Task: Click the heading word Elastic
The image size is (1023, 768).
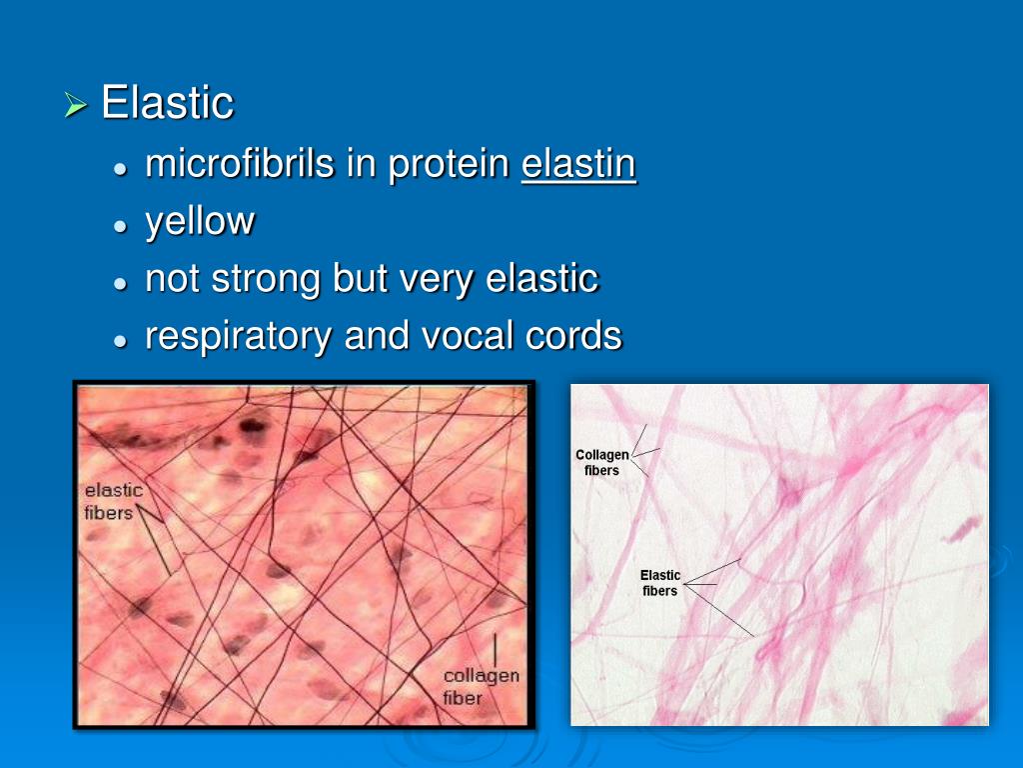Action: pos(167,103)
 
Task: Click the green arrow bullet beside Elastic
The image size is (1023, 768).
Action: pos(76,104)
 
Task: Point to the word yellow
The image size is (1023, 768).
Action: pos(200,222)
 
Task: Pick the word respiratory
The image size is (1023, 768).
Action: pos(239,337)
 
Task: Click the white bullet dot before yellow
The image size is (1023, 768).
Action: pos(120,227)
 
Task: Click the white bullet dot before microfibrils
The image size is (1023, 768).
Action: pos(120,168)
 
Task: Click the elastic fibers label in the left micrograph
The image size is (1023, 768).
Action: pos(113,502)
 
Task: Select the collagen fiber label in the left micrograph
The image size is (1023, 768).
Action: pos(481,687)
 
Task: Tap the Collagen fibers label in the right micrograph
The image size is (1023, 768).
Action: pos(602,462)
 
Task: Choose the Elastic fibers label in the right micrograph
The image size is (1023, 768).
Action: pos(660,583)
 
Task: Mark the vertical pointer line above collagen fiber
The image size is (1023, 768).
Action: pos(495,650)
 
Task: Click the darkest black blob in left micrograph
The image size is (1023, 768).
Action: pos(253,426)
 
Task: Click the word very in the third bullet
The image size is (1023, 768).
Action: pos(437,280)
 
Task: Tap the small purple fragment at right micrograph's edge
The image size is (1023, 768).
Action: pos(962,528)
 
